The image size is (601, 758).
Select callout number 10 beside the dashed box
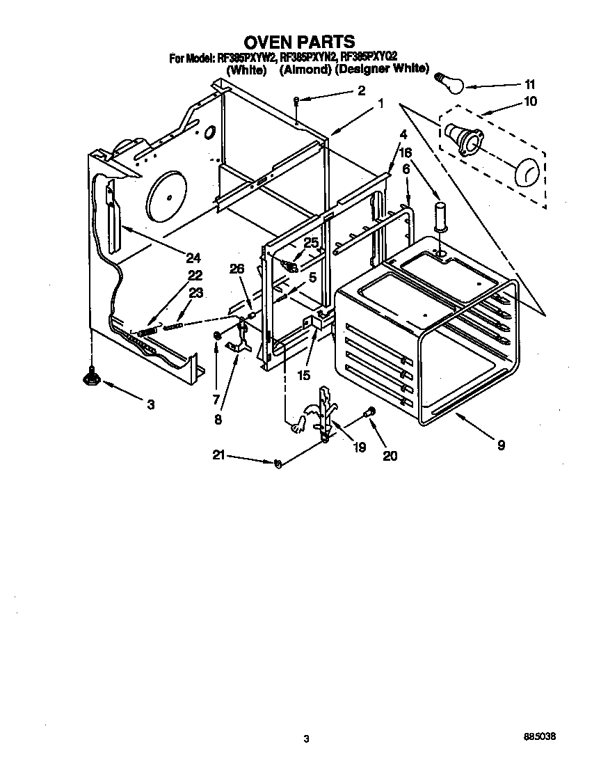[530, 101]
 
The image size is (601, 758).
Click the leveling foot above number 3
[90, 377]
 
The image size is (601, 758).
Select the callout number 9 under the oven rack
[501, 445]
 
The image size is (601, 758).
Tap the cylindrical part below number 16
[440, 216]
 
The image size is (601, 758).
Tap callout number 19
[359, 448]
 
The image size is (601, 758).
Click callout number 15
[303, 375]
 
